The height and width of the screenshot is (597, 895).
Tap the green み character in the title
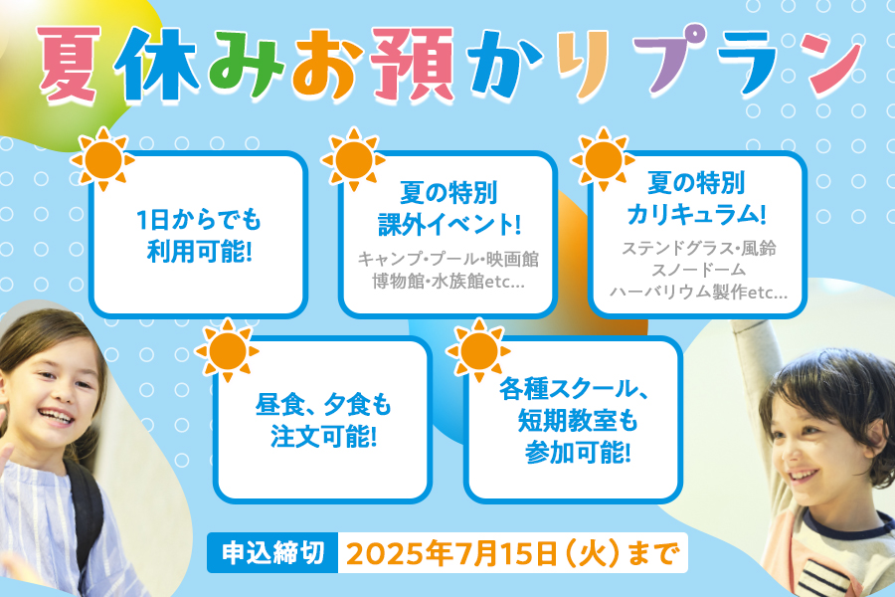pyautogui.click(x=246, y=64)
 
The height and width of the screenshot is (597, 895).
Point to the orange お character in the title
pyautogui.click(x=328, y=63)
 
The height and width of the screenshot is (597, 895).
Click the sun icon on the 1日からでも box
pyautogui.click(x=102, y=159)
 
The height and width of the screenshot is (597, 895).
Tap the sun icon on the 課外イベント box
pyautogui.click(x=353, y=159)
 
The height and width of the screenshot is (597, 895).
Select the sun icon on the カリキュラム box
pyautogui.click(x=604, y=159)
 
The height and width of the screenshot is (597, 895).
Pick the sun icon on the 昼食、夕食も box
pyautogui.click(x=227, y=350)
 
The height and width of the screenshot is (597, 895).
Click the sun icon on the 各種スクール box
pyautogui.click(x=478, y=350)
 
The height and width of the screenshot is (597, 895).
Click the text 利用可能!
pyautogui.click(x=199, y=251)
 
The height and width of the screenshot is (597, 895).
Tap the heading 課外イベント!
pyautogui.click(x=449, y=223)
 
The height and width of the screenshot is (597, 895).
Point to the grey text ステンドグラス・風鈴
pyautogui.click(x=699, y=248)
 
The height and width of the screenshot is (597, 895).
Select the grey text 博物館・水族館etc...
pyautogui.click(x=448, y=281)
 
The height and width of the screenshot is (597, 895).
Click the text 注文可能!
pyautogui.click(x=323, y=437)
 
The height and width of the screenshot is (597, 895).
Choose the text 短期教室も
pyautogui.click(x=577, y=421)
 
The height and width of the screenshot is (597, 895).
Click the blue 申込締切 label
pyautogui.click(x=272, y=553)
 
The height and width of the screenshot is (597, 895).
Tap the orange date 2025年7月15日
pyautogui.click(x=450, y=553)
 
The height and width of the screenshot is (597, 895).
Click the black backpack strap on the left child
pyautogui.click(x=86, y=514)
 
